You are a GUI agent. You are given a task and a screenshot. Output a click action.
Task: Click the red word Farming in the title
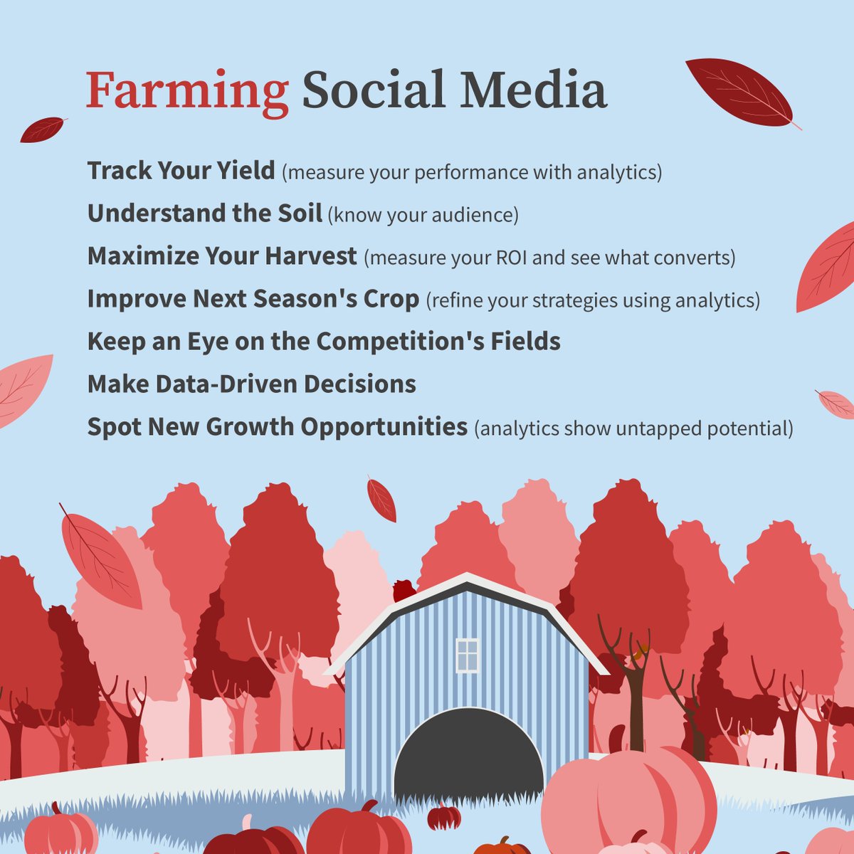tap(187, 92)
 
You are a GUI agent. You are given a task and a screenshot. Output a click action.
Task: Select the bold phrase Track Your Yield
tap(181, 171)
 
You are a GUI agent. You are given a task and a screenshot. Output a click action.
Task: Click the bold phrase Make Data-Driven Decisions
tap(251, 384)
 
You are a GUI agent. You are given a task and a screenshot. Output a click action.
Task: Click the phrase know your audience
tap(423, 215)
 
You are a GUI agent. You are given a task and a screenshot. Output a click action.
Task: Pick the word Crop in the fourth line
tap(391, 299)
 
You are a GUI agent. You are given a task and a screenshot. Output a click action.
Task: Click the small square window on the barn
tap(468, 655)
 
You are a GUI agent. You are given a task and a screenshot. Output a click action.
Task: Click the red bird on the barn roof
tap(404, 591)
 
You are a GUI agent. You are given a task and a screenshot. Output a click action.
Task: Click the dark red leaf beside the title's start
tap(43, 130)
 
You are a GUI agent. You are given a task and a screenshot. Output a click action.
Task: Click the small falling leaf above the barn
tap(381, 499)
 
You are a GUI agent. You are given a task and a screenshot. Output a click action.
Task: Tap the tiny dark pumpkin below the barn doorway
tap(444, 816)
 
